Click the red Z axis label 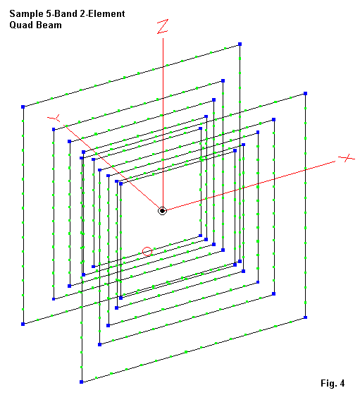[163, 27]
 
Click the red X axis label [347, 158]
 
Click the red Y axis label [54, 118]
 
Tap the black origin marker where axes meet [163, 211]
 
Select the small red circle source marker [147, 252]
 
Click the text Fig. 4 [333, 383]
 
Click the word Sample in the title [26, 14]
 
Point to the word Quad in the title [21, 25]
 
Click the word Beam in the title [49, 25]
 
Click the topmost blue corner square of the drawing [240, 44]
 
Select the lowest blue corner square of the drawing [81, 382]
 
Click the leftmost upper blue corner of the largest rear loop [23, 107]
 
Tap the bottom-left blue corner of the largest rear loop [23, 324]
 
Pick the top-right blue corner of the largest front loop [305, 93]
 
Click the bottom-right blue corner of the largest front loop [305, 317]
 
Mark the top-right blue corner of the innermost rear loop [200, 128]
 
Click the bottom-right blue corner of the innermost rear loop [200, 236]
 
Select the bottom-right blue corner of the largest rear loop [240, 261]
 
